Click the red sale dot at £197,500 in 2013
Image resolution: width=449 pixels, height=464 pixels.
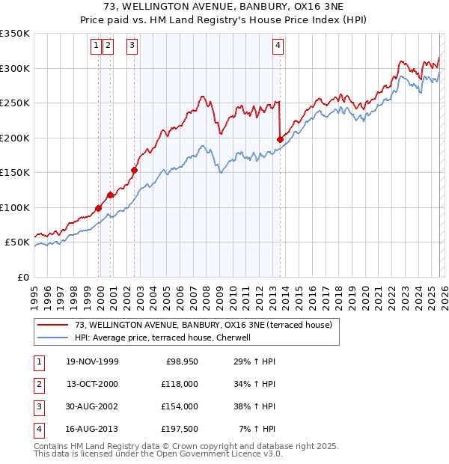point(280,139)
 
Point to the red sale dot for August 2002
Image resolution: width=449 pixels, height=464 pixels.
point(135,170)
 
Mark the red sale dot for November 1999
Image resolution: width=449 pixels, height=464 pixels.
point(99,208)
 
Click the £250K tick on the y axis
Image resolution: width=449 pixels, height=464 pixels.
point(15,103)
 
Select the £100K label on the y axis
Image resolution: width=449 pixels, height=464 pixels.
point(15,207)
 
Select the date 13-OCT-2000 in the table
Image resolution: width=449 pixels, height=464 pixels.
point(92,384)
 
